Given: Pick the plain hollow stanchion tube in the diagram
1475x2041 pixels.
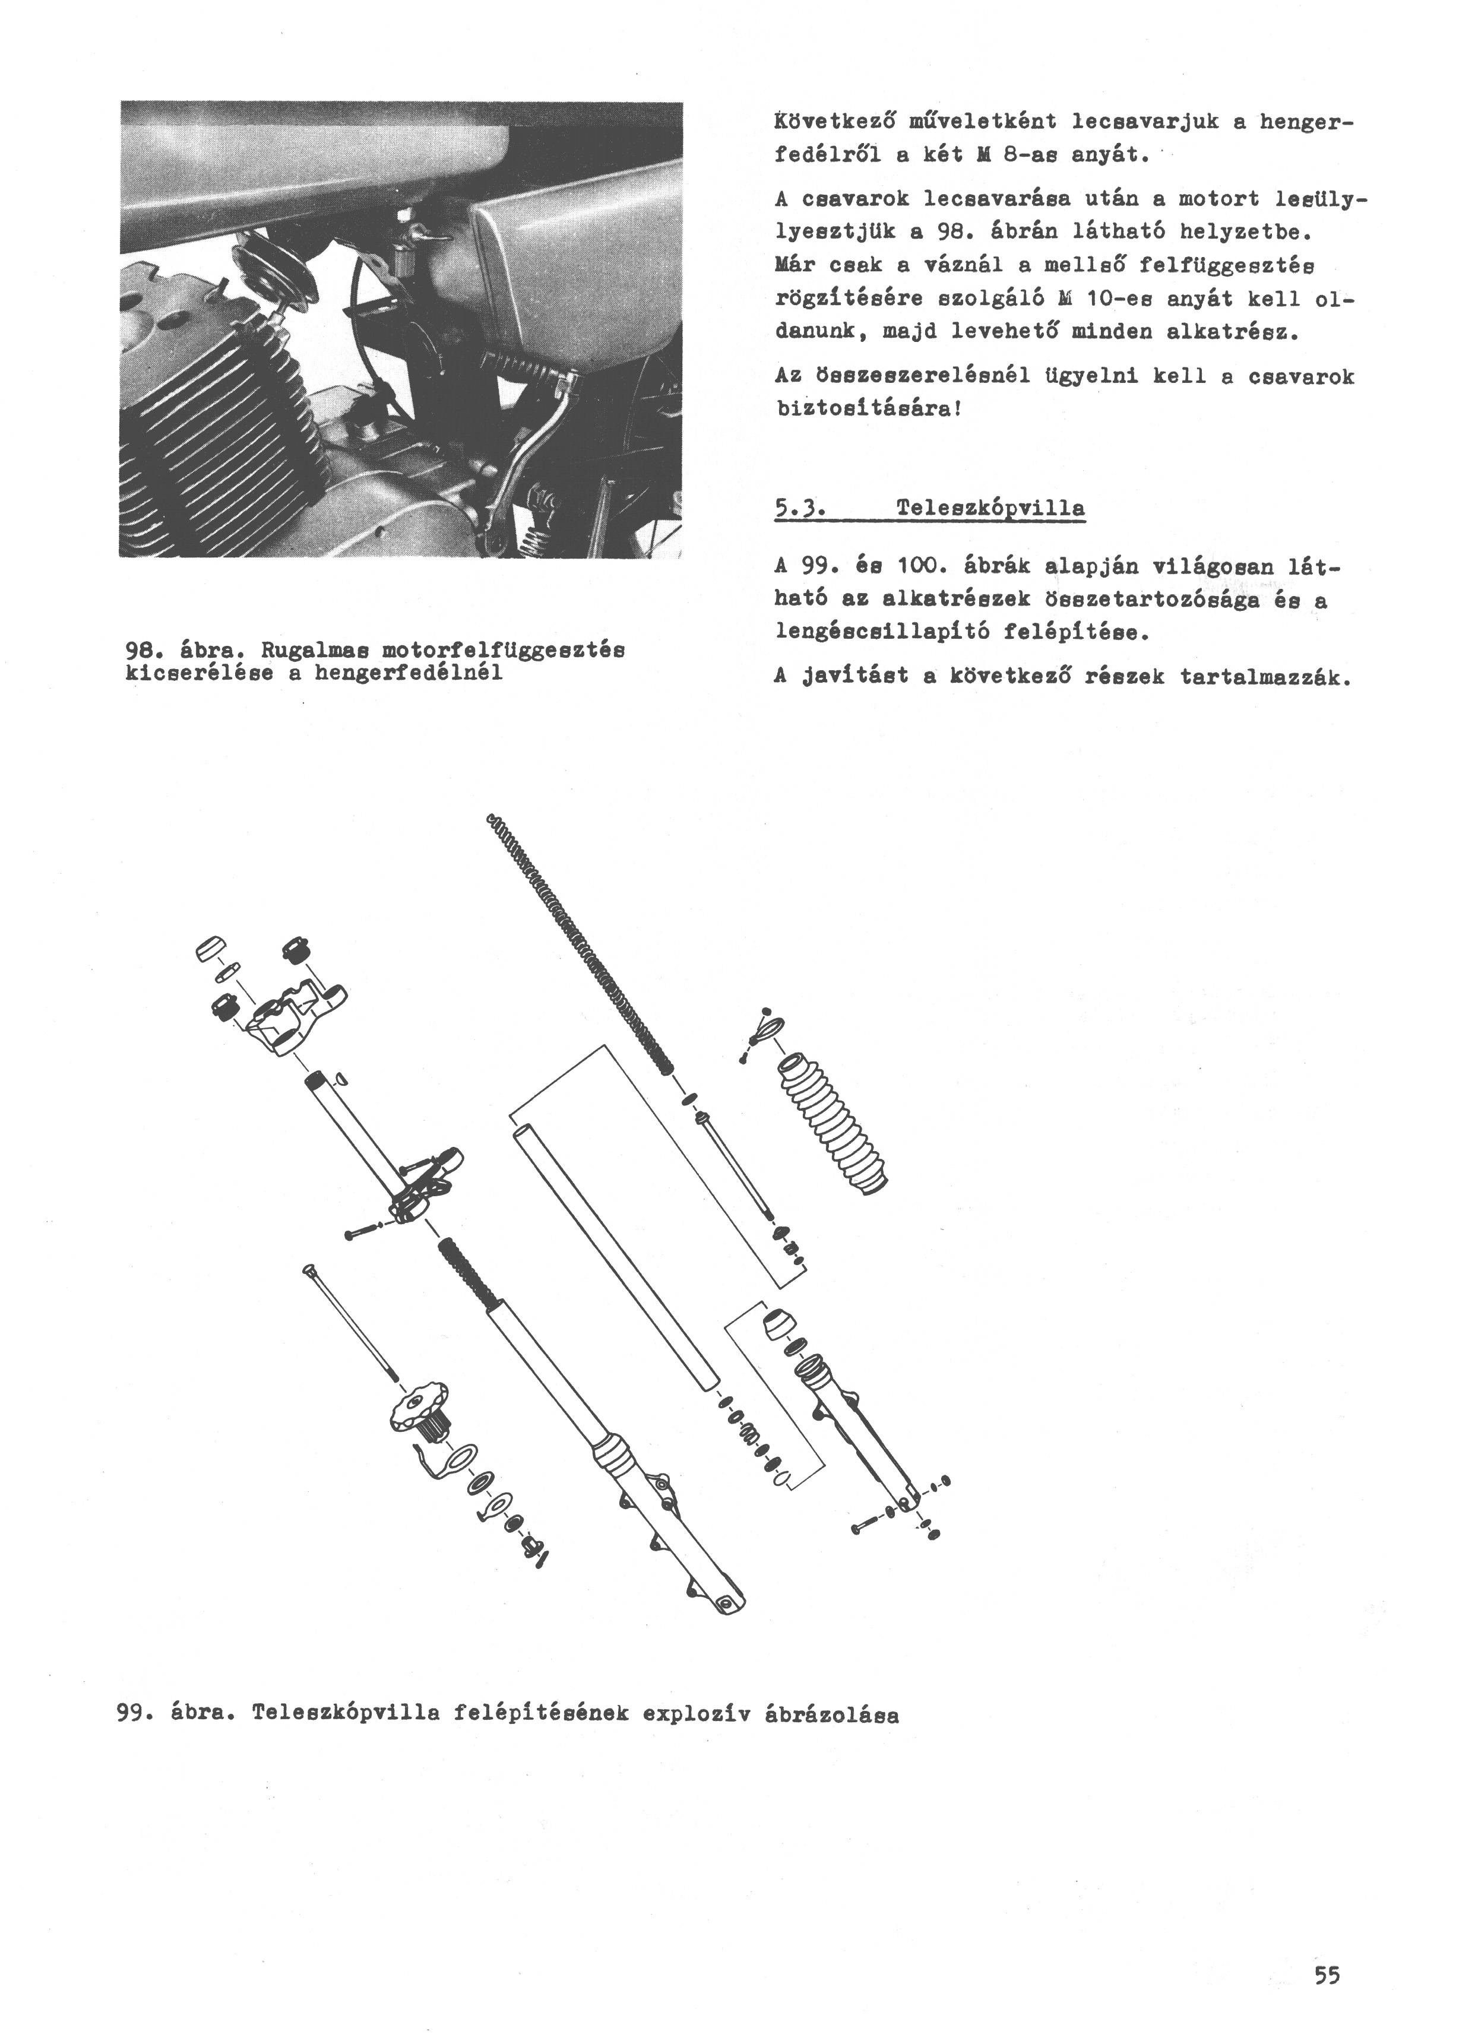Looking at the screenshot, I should point(616,1254).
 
